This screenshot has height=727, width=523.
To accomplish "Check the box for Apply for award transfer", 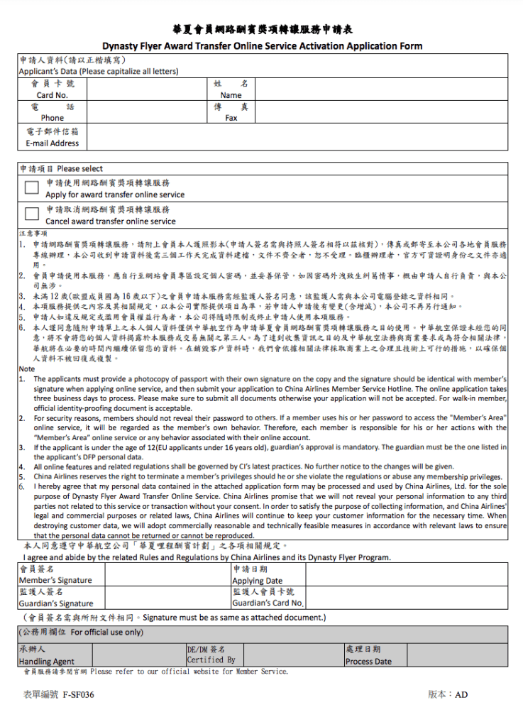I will (x=31, y=187).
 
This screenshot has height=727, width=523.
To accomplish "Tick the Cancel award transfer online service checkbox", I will (x=31, y=214).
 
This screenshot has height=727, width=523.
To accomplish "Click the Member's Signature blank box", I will (x=167, y=574).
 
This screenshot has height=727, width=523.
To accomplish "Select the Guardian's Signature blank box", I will (x=167, y=597).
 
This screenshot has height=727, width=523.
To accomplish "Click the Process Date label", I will (x=368, y=662).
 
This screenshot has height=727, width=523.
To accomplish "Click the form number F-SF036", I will (x=78, y=695).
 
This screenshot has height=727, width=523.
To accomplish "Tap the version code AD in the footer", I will (x=462, y=695).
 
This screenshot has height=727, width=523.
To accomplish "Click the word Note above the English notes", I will (x=26, y=369).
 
